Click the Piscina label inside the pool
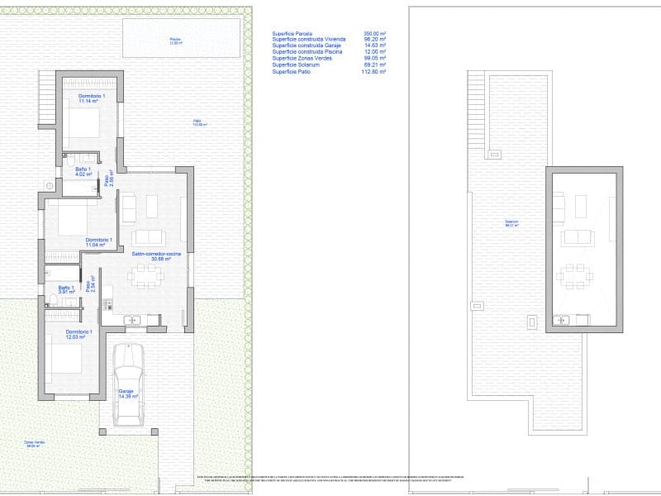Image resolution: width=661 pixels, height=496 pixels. (x=174, y=41)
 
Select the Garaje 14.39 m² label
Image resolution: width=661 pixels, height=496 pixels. (x=126, y=394)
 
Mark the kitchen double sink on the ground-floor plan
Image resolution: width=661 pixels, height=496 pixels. (x=132, y=319)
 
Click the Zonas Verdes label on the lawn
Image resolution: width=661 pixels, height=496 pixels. (x=33, y=444)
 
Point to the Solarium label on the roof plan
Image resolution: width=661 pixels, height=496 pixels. (x=512, y=222)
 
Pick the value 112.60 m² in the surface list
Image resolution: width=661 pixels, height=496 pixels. (x=374, y=72)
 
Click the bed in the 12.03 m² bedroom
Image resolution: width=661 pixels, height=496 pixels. (x=66, y=361)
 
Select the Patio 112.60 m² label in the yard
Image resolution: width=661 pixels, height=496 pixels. (x=200, y=123)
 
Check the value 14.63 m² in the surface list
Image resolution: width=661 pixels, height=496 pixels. (x=376, y=46)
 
